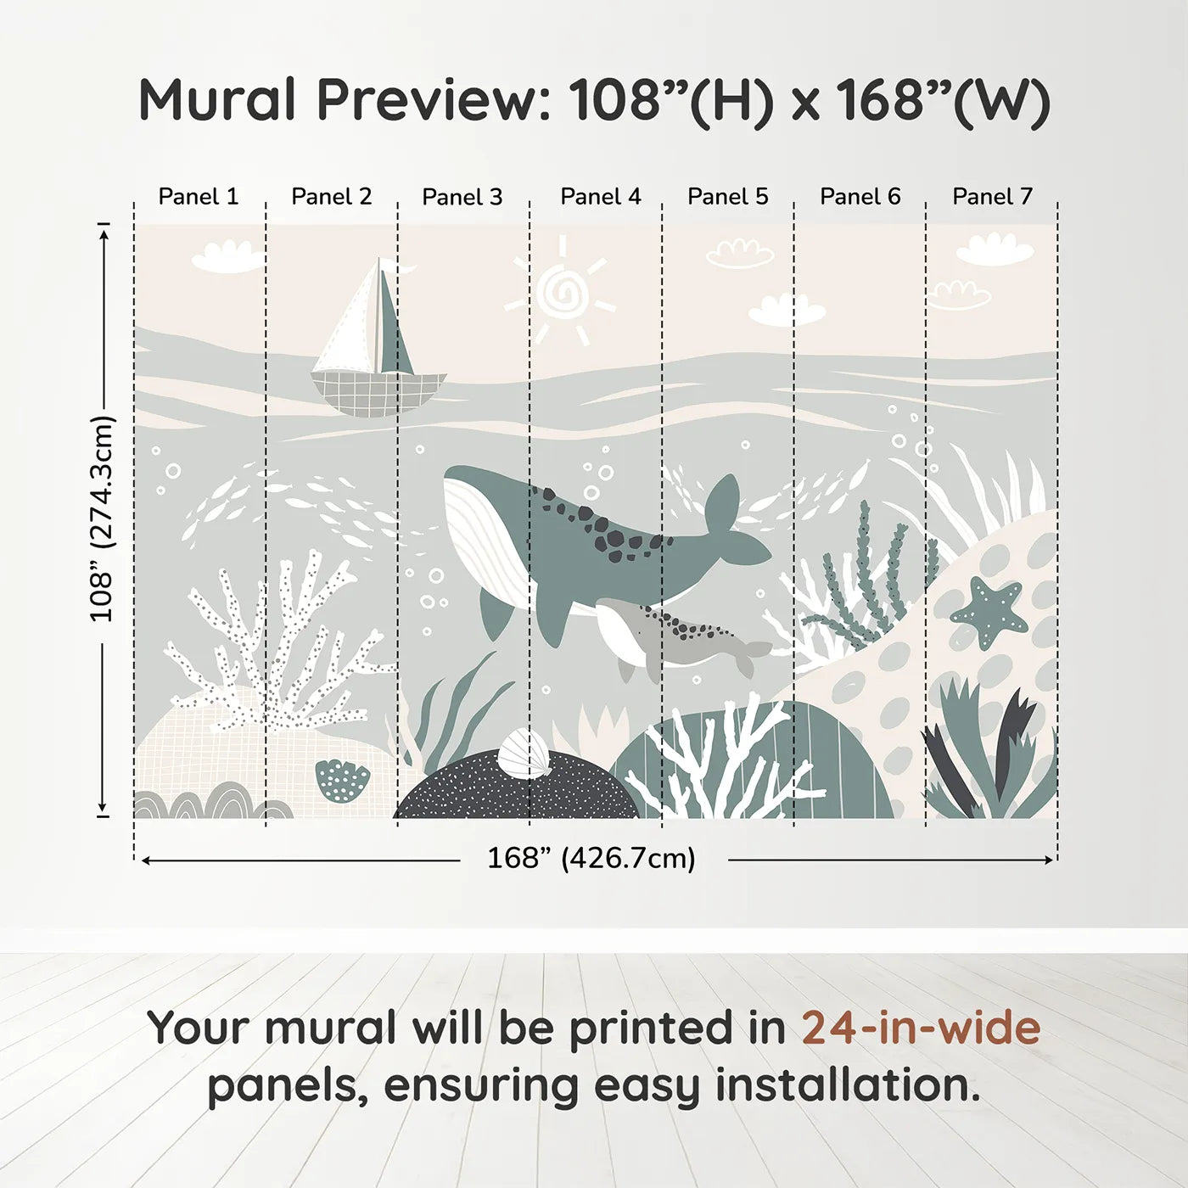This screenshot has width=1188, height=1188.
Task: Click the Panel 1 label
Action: tap(199, 197)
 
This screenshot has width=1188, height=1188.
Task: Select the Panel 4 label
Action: tap(601, 197)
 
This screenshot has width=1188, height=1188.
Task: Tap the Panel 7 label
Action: tap(992, 197)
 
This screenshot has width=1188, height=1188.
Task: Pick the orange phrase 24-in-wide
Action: tap(921, 1028)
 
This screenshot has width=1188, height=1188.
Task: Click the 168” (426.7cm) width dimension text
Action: tap(591, 859)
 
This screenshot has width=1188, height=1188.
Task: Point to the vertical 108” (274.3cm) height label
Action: tap(102, 518)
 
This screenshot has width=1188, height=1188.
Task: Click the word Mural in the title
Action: tap(217, 100)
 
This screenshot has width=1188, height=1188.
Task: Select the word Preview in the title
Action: tap(429, 100)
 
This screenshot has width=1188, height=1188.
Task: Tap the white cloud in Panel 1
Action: tap(227, 256)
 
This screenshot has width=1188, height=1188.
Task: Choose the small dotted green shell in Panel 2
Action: tap(343, 780)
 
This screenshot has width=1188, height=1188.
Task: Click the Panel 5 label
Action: tap(727, 197)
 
